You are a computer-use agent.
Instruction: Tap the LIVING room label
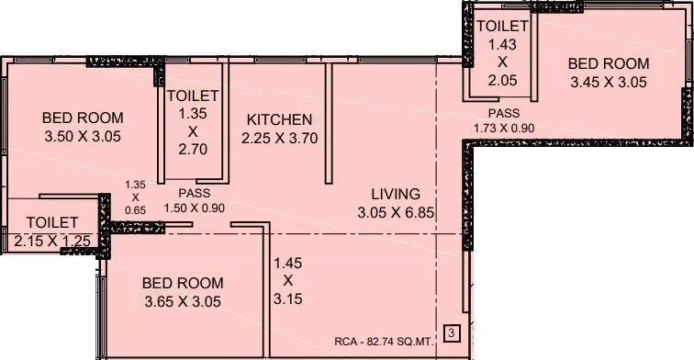click(x=395, y=194)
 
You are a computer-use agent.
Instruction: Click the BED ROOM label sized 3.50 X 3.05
click(x=83, y=118)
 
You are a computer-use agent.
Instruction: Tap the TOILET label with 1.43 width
click(x=501, y=27)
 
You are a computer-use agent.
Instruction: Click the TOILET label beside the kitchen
click(x=193, y=95)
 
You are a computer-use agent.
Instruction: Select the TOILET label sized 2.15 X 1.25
click(x=51, y=222)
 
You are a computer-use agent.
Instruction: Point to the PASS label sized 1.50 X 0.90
click(x=194, y=194)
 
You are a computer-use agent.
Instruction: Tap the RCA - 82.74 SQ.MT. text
click(x=387, y=339)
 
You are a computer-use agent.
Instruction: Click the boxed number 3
click(x=451, y=332)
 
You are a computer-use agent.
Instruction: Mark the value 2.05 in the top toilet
click(x=501, y=80)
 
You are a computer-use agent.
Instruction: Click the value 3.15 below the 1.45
click(x=288, y=298)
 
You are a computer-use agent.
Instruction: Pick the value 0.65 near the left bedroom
click(x=135, y=208)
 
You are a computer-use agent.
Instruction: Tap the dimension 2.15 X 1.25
click(x=51, y=241)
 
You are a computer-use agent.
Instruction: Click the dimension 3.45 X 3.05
click(x=608, y=82)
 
